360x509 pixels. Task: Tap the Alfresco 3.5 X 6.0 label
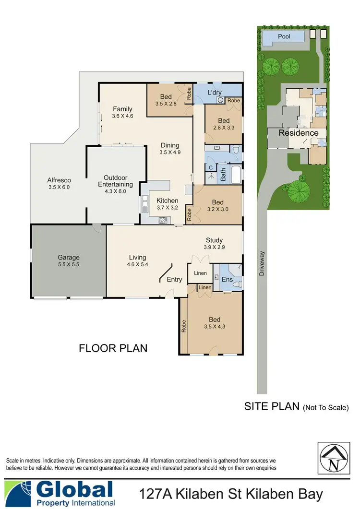tap(59, 184)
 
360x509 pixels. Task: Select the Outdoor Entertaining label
tap(115, 181)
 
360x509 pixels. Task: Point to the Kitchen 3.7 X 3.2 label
tap(168, 204)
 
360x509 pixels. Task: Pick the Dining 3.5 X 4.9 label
tap(170, 149)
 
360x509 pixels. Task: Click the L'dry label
tap(214, 92)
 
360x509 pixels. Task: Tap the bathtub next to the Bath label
tap(236, 175)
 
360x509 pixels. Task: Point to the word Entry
tap(174, 279)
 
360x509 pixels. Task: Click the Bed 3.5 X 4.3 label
tap(215, 323)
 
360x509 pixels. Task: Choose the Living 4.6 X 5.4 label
tap(137, 260)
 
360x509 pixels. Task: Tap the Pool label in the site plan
tap(284, 36)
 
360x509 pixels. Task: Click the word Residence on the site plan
tap(299, 133)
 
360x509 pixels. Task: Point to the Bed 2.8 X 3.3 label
tap(224, 124)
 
